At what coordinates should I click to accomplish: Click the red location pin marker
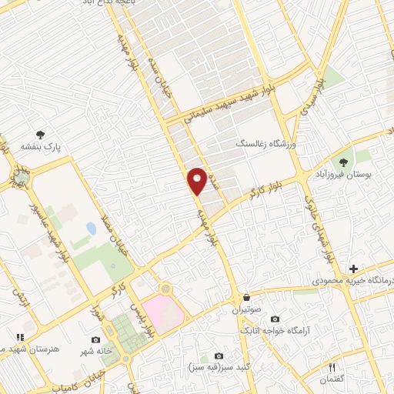pyautogui.click(x=197, y=180)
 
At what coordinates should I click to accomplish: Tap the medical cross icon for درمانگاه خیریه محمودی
pyautogui.click(x=353, y=269)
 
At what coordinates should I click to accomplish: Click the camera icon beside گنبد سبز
pyautogui.click(x=219, y=356)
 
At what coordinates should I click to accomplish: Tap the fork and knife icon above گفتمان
pyautogui.click(x=332, y=367)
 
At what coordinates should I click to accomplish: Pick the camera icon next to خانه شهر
pyautogui.click(x=95, y=339)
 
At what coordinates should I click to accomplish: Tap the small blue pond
pyautogui.click(x=92, y=229)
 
